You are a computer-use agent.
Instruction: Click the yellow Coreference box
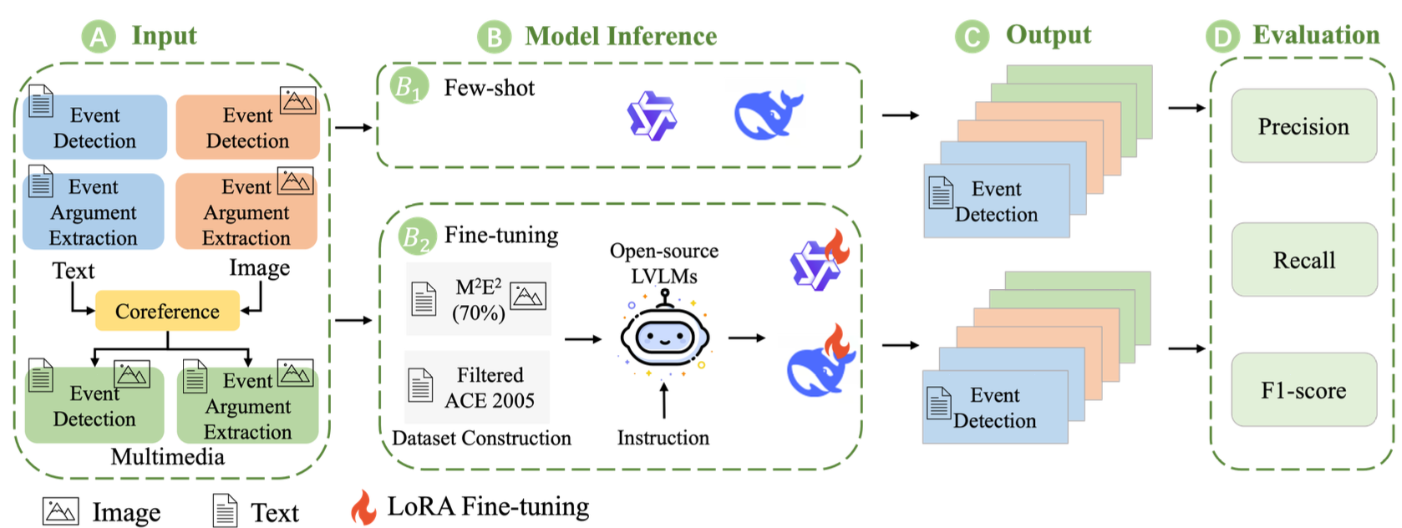(167, 311)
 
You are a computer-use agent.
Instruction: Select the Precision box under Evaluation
(1303, 126)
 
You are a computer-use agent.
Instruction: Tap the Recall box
(1303, 260)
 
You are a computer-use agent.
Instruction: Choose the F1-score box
(1303, 390)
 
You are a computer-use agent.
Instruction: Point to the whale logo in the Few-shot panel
(767, 114)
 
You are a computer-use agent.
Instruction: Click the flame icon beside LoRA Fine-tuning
(363, 507)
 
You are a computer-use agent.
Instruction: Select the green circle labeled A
(99, 37)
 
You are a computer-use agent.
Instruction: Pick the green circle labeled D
(1222, 37)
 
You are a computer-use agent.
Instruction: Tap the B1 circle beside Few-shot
(409, 87)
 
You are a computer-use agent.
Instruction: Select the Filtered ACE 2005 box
(478, 388)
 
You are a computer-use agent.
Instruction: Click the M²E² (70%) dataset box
(479, 299)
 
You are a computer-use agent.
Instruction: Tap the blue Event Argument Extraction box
(94, 211)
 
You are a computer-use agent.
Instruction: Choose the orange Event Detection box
(247, 127)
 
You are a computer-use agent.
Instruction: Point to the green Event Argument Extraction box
(247, 406)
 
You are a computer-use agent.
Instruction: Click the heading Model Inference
(621, 36)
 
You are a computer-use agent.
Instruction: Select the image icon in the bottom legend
(60, 511)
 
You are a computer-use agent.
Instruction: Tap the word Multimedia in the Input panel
(168, 457)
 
